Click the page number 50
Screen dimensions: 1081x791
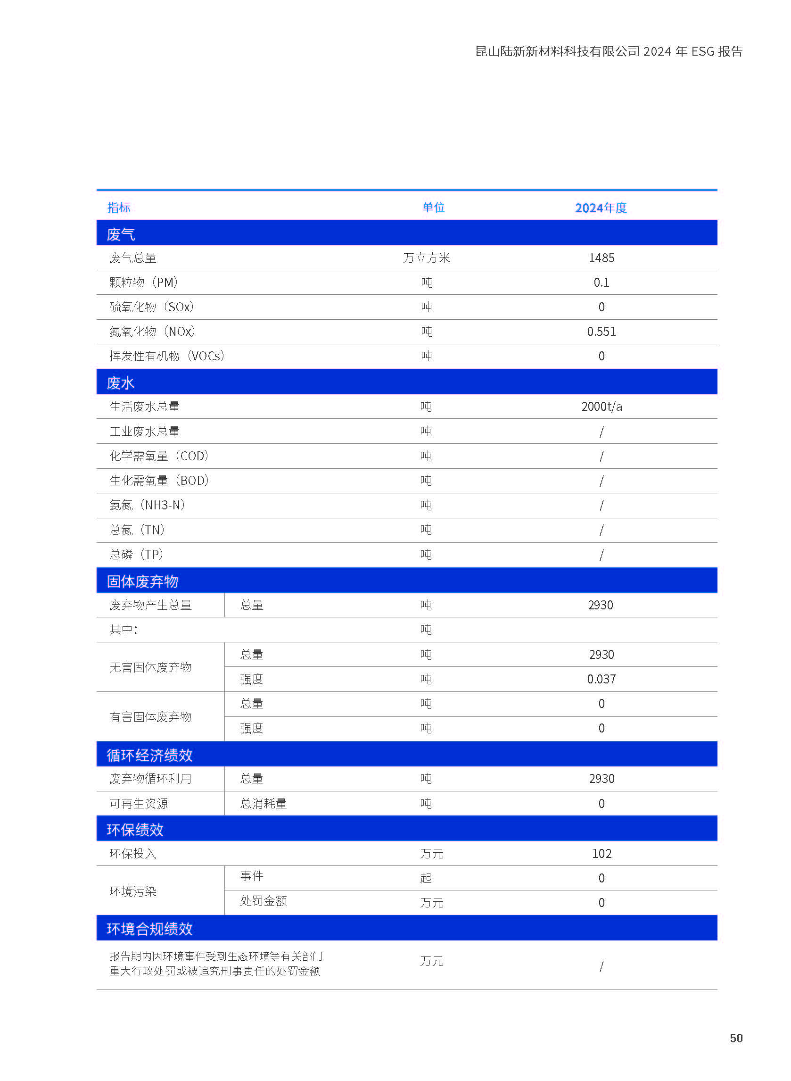tap(735, 1038)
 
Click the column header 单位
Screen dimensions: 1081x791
tap(433, 208)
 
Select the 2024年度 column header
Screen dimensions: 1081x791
tap(601, 208)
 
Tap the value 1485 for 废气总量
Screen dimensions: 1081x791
tap(601, 258)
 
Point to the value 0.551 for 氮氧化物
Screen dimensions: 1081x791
tap(601, 332)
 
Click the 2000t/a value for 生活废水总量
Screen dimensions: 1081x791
tap(601, 407)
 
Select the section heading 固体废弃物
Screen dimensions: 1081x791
tap(142, 581)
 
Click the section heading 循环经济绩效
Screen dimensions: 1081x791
tap(149, 755)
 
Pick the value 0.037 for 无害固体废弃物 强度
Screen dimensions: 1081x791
tap(601, 679)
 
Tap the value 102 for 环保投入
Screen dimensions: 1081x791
tap(601, 853)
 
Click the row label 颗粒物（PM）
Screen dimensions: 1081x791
tap(144, 283)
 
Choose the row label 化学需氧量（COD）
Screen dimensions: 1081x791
tap(159, 456)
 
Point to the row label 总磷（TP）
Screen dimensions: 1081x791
tap(136, 554)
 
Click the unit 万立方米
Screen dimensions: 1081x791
tap(426, 258)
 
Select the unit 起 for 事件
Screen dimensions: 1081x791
tap(426, 878)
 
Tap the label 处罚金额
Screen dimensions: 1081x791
tap(264, 901)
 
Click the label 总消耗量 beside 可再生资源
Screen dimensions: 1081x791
tap(264, 803)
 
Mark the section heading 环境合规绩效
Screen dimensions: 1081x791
tap(149, 929)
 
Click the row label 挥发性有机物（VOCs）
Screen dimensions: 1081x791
tap(167, 356)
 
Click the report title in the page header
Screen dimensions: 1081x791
tap(608, 51)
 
